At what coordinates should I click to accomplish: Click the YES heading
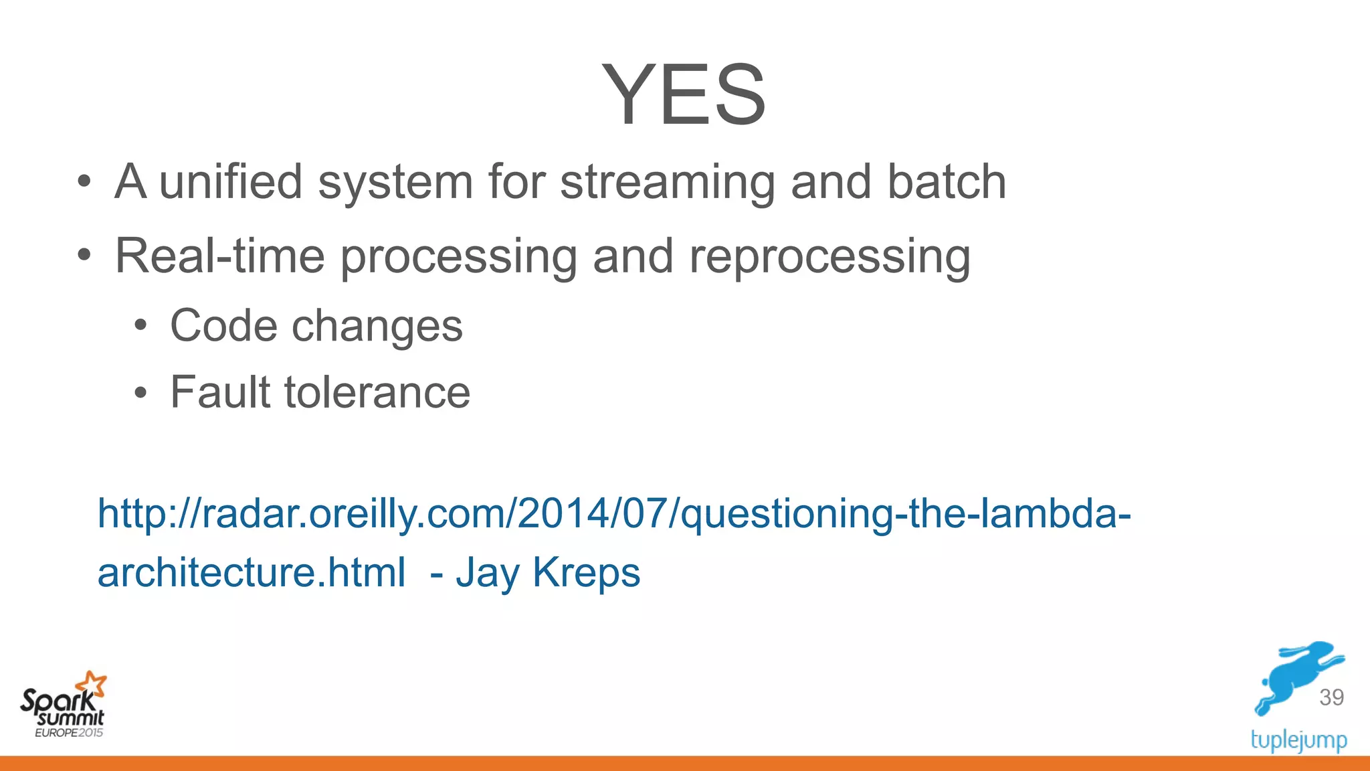(684, 95)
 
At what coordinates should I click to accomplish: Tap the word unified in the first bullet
(230, 182)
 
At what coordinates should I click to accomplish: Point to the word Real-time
(220, 256)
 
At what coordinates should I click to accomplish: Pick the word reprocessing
(829, 257)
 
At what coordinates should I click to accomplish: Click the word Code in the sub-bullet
(223, 326)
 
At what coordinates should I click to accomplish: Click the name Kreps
(586, 573)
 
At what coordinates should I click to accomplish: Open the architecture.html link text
(252, 573)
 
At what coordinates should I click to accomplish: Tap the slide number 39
(1331, 697)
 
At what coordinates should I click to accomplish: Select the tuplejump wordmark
(1298, 740)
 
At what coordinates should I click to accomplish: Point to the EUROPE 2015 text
(69, 733)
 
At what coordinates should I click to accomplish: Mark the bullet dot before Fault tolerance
(140, 393)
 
